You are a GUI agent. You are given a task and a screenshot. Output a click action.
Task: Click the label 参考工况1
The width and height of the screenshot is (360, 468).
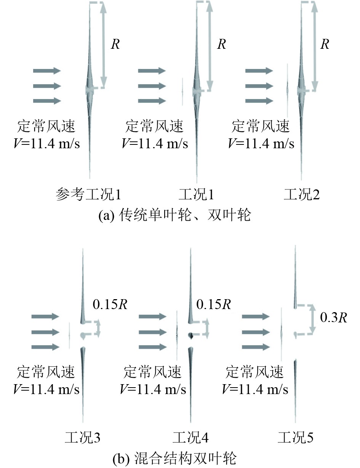coord(88,195)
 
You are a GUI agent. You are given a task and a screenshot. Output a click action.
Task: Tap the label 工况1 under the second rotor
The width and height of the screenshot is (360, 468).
coord(196,195)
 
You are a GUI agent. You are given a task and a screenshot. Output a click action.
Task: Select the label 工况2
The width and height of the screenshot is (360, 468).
coord(302,195)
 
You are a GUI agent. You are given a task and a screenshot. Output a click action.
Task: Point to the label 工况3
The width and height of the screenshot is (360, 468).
coord(83,437)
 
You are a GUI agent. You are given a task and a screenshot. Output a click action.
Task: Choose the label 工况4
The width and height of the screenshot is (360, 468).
coord(190,437)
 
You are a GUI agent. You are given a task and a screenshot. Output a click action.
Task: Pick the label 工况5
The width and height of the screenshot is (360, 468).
coord(296,437)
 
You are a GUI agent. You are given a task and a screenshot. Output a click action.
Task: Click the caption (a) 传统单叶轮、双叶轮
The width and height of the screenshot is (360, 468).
coord(174,216)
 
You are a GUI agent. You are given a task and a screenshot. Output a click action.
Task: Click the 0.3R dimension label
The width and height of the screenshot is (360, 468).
coord(334,318)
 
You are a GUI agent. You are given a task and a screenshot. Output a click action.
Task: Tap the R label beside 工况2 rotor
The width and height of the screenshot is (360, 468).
coord(325,44)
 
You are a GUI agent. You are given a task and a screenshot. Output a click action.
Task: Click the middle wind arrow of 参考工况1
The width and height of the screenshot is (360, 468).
coord(47,86)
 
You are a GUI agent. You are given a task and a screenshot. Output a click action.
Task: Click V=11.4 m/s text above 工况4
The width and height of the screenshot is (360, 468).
coord(153,389)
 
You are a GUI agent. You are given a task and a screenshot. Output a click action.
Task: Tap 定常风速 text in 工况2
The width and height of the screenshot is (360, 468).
coord(261,126)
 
